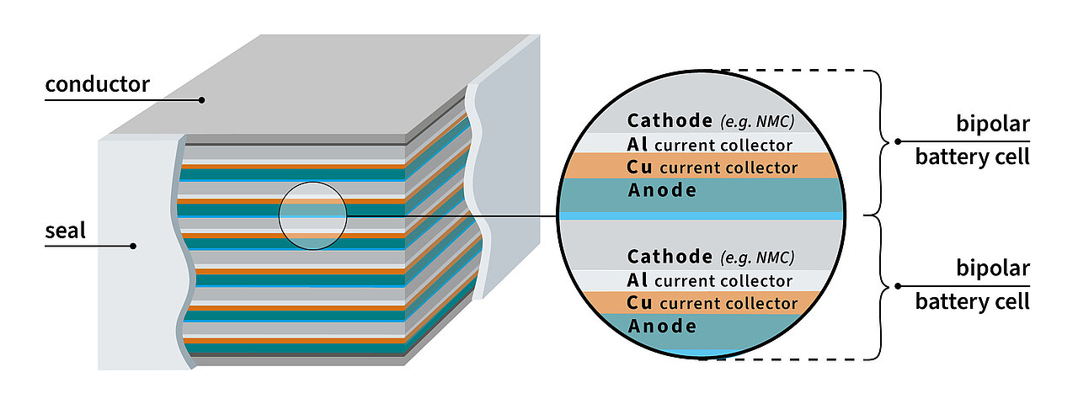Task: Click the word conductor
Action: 97,84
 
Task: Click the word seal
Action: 66,231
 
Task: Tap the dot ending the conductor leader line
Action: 202,100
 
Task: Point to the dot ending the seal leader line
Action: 133,247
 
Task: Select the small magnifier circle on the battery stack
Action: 313,215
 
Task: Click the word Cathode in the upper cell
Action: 670,120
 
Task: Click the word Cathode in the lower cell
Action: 670,257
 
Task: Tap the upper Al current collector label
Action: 710,144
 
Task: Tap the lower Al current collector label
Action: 710,280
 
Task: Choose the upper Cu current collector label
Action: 712,167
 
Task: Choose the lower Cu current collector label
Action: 712,303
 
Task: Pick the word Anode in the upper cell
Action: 663,190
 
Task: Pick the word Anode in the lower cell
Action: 663,326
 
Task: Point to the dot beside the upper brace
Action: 899,141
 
